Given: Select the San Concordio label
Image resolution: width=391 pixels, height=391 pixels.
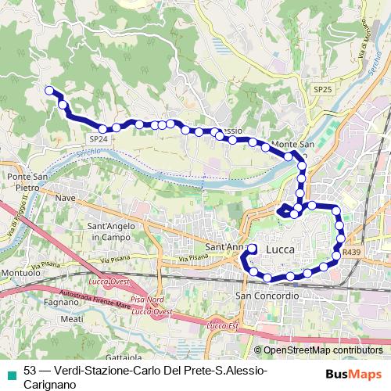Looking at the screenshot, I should [267, 296].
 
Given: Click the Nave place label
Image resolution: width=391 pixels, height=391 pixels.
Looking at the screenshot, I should [66, 198].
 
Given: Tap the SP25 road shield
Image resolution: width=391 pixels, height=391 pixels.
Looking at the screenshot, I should [323, 91].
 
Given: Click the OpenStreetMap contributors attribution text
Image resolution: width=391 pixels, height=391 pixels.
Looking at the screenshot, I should [322, 351].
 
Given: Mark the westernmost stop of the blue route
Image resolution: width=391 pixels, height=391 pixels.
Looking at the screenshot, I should [49, 90].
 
